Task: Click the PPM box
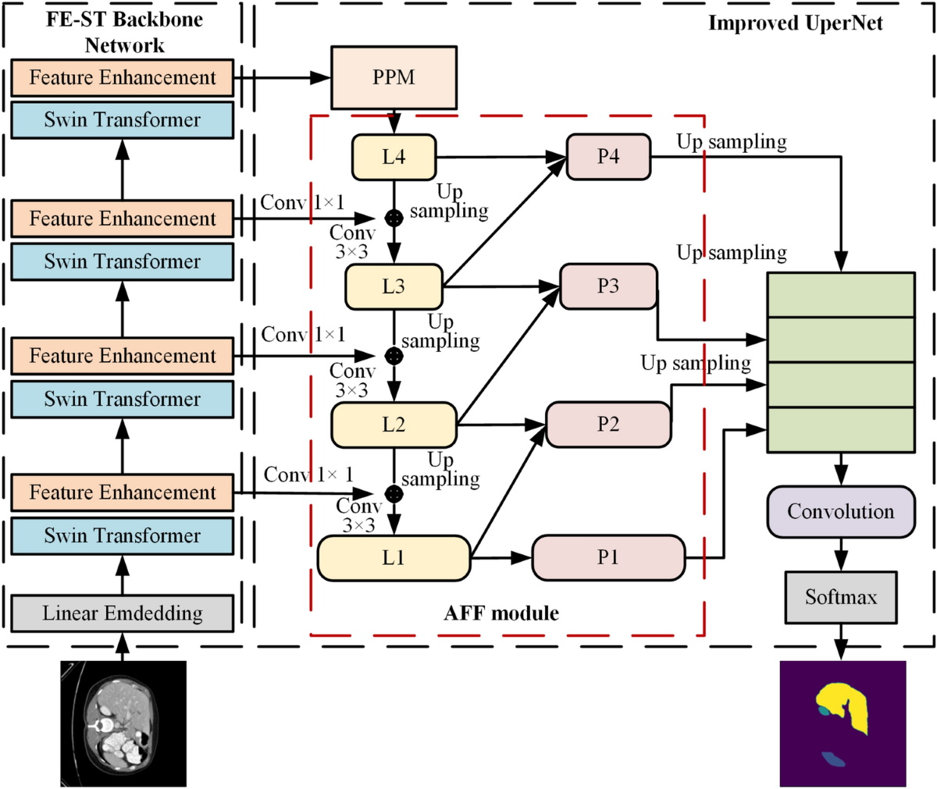coord(394,77)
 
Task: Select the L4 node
coord(394,157)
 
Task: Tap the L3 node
coord(394,286)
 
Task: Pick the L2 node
coord(394,425)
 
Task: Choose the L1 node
coord(394,558)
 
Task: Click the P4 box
coord(608,157)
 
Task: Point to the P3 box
coord(608,286)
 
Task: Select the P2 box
coord(608,425)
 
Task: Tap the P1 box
coord(608,557)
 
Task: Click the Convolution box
coord(840,511)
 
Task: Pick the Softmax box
coord(840,597)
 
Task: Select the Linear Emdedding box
coord(122,613)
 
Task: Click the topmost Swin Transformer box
coord(122,119)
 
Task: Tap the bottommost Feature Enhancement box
coord(122,492)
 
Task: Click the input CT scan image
coord(123,723)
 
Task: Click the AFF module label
coord(501,613)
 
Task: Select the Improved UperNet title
coord(795,23)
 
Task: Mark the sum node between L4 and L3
coord(394,218)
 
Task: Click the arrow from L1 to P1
coord(501,558)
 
